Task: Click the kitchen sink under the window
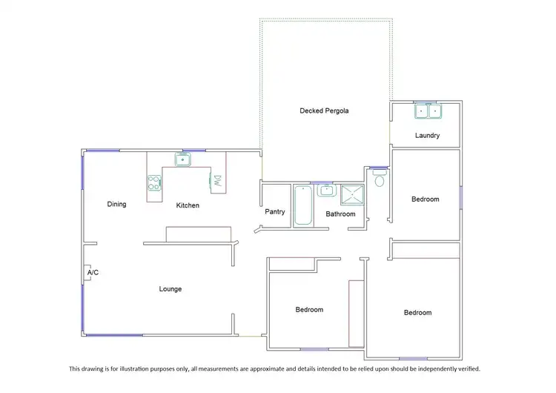[182, 159]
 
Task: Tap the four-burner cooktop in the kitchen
[154, 182]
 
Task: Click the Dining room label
[116, 205]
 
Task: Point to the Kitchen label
[188, 205]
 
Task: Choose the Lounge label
[170, 289]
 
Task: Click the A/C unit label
[93, 273]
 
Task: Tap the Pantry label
[275, 212]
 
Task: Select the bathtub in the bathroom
[303, 205]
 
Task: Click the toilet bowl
[380, 180]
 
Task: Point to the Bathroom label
[340, 214]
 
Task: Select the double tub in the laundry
[428, 112]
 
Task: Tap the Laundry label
[427, 136]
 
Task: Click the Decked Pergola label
[324, 110]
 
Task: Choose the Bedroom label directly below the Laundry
[426, 199]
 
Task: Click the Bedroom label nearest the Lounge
[309, 310]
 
